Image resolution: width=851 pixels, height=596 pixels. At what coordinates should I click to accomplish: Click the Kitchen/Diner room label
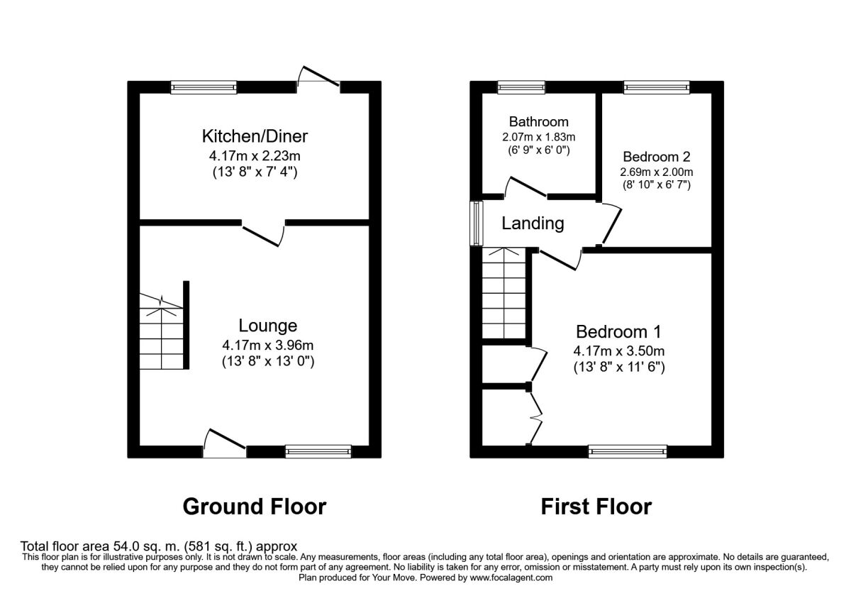(255, 136)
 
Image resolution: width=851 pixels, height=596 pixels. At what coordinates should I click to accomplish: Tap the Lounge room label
(268, 326)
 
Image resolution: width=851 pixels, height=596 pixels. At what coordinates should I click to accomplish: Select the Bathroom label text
(539, 121)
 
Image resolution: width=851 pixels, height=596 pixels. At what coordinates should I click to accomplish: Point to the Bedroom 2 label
(657, 157)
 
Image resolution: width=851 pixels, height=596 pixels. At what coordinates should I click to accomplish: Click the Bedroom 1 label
(618, 331)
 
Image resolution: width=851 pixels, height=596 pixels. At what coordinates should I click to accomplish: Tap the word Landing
(533, 223)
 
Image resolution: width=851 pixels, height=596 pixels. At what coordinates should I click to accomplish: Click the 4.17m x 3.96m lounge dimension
(268, 346)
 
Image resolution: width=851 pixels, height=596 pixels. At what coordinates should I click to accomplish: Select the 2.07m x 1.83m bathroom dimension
(539, 137)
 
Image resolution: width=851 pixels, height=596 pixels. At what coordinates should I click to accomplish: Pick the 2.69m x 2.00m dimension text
(657, 172)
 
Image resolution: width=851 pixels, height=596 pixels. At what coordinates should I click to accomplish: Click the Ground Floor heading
(255, 507)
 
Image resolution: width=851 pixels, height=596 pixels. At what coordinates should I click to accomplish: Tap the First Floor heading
(596, 507)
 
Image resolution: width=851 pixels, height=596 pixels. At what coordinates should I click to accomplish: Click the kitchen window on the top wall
(204, 87)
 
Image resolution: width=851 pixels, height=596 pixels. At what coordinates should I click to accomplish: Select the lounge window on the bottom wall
(318, 451)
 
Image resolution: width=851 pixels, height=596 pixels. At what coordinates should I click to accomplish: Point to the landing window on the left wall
(477, 223)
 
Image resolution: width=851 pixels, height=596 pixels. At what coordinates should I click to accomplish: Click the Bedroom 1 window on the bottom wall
(628, 451)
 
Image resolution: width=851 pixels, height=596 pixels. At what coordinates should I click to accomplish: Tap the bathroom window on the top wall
(522, 87)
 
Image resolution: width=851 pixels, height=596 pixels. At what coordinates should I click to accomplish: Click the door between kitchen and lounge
(263, 233)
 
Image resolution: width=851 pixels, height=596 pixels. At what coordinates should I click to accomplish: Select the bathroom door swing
(525, 187)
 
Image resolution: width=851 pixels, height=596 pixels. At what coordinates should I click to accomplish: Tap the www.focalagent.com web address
(511, 578)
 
